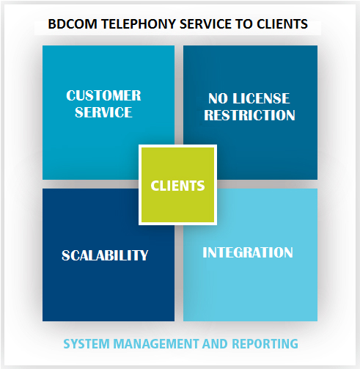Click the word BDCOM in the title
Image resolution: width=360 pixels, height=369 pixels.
pos(73,24)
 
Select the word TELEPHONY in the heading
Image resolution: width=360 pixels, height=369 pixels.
pos(138,24)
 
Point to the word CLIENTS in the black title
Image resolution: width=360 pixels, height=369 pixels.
pos(282,24)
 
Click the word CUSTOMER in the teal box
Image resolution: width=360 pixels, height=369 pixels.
pos(103,95)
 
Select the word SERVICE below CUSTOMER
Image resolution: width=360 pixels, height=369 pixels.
pos(103,112)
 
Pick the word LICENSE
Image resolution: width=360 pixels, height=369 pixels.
pos(261,98)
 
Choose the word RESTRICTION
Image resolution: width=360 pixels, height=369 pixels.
pos(249,115)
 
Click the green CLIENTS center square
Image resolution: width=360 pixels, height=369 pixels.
pos(177,185)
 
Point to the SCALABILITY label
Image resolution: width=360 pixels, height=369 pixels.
pos(105,255)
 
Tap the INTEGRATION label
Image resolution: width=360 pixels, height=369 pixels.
pos(248,252)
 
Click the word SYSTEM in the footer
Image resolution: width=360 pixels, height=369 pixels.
pos(87,344)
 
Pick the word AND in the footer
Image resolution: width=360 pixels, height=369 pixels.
pos(215,344)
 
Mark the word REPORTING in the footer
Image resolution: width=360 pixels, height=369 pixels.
pos(265,344)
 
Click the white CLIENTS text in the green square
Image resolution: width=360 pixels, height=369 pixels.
pos(177,186)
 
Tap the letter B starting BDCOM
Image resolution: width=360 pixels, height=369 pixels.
pos(51,24)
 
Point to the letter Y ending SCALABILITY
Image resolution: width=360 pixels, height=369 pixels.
pos(144,255)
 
